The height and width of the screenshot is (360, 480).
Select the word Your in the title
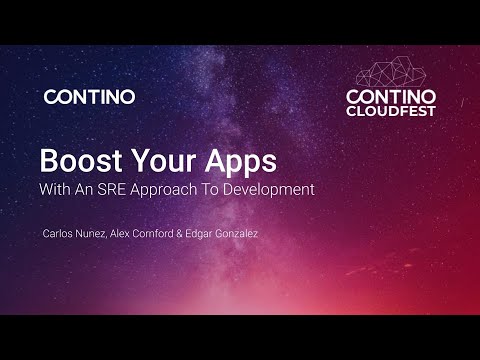tap(151, 161)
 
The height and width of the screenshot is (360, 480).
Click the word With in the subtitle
tap(55, 188)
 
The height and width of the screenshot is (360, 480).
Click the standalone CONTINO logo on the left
tap(89, 97)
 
